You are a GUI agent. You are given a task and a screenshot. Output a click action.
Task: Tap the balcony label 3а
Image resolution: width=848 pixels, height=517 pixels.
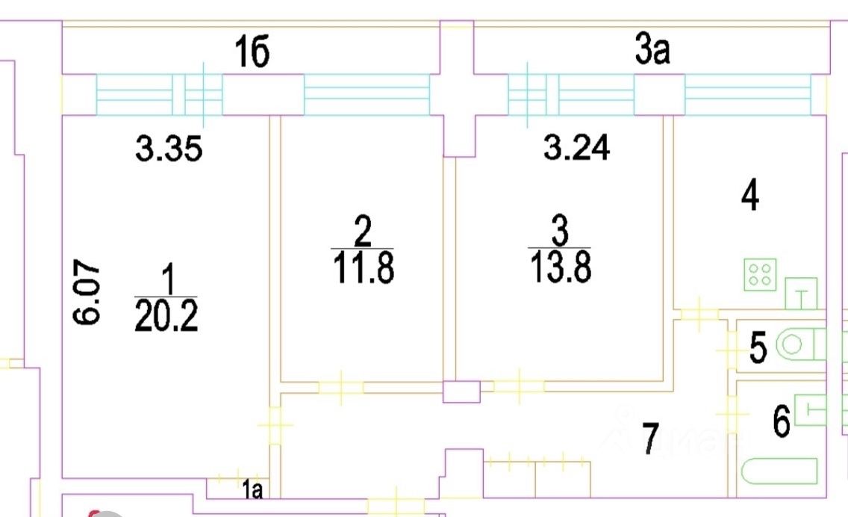(x=652, y=53)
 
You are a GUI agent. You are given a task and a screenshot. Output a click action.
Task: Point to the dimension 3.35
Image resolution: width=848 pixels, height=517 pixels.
(x=169, y=150)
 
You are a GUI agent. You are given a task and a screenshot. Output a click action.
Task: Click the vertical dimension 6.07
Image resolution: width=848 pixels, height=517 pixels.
(x=87, y=292)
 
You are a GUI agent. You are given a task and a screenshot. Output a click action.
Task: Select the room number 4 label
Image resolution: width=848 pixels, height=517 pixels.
(x=749, y=197)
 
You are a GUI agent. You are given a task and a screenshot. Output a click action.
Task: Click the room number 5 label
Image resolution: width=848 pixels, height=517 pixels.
(x=758, y=348)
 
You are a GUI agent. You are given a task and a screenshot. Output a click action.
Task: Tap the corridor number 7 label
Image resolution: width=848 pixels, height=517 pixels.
(x=651, y=439)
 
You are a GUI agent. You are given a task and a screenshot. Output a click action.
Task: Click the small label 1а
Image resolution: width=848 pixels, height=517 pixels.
(x=252, y=490)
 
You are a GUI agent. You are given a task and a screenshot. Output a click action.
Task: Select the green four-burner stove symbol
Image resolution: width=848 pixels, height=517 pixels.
(x=760, y=274)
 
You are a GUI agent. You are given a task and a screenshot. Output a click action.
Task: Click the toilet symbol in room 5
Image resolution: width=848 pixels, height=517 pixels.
(x=799, y=345)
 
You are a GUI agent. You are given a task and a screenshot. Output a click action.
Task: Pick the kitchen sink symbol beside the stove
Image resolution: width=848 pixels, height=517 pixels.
(x=802, y=294)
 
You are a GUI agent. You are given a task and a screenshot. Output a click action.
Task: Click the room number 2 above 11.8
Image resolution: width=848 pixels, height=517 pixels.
(x=362, y=232)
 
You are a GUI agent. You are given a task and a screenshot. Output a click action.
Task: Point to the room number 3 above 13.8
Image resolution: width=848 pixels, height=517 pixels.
(x=559, y=232)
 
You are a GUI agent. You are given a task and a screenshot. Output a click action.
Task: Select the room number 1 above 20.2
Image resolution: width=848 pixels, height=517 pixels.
(x=167, y=282)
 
